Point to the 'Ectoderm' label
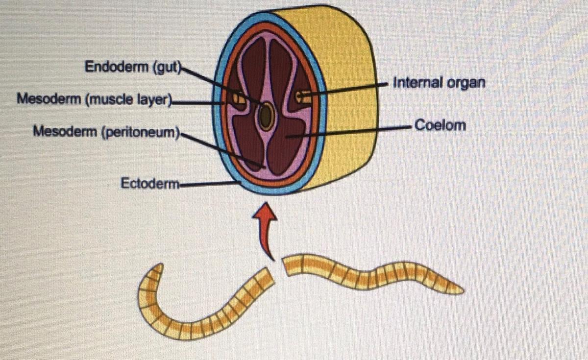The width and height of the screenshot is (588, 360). (150, 184)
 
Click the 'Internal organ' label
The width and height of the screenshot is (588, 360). (439, 82)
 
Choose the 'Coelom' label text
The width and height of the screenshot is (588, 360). (440, 125)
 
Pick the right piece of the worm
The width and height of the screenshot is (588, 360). (372, 274)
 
